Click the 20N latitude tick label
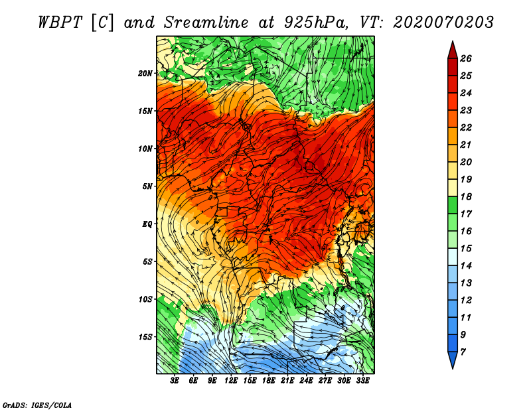click(x=145, y=74)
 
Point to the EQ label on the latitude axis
click(x=147, y=224)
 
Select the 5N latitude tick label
click(x=147, y=186)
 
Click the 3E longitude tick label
click(x=175, y=381)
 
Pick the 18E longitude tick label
click(x=269, y=381)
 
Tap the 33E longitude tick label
click(x=362, y=381)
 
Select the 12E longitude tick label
click(x=231, y=381)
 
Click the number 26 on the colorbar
click(x=466, y=58)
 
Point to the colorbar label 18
click(x=466, y=196)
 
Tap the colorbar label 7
click(x=463, y=352)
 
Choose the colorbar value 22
click(x=466, y=127)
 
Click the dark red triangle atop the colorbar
click(x=453, y=50)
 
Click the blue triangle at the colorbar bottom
click(x=453, y=360)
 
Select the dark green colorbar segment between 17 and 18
click(x=453, y=205)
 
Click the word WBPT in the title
click(x=60, y=23)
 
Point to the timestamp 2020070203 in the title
click(x=443, y=23)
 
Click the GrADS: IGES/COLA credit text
click(x=37, y=405)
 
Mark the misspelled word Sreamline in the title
click(x=206, y=23)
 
